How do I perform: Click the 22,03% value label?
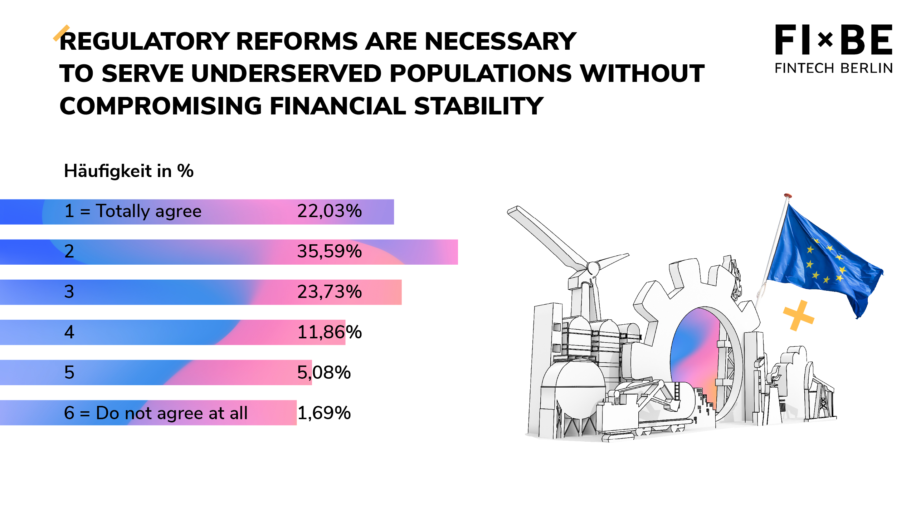(x=330, y=211)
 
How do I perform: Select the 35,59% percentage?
(x=330, y=251)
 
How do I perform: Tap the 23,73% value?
(x=330, y=291)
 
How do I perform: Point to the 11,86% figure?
(x=330, y=332)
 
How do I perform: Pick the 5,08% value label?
(x=324, y=372)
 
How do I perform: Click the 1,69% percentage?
(x=324, y=413)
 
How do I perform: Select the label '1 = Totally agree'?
(x=133, y=211)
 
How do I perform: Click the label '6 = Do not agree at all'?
(x=156, y=413)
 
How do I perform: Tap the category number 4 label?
(x=69, y=332)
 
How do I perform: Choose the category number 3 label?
(x=69, y=291)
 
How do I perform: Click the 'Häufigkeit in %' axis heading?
(x=129, y=171)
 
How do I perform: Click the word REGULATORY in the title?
(x=145, y=41)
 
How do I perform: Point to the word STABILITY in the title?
(x=479, y=106)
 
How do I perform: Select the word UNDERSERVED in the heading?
(x=286, y=74)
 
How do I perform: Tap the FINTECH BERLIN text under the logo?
(x=834, y=68)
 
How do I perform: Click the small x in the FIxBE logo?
(x=825, y=40)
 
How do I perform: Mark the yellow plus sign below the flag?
(x=799, y=315)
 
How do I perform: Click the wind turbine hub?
(x=593, y=268)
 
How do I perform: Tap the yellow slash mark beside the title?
(x=61, y=33)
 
